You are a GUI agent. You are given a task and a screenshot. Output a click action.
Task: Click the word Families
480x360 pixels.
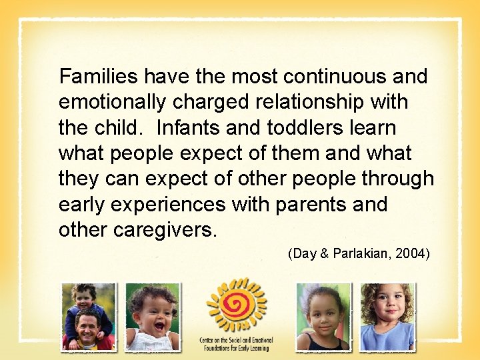pyautogui.click(x=99, y=77)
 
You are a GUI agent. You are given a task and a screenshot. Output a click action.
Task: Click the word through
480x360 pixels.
pyautogui.click(x=398, y=179)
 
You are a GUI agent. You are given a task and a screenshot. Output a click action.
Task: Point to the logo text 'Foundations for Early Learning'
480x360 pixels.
pyautogui.click(x=236, y=348)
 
